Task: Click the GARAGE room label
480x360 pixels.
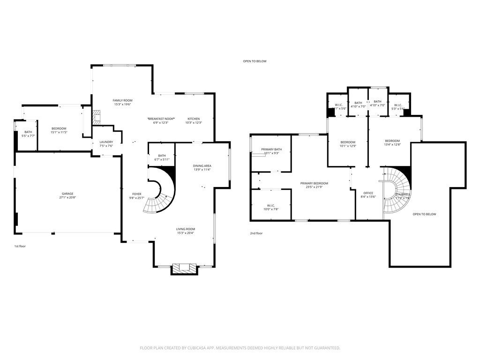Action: coord(67,194)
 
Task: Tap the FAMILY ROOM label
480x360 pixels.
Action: coord(123,100)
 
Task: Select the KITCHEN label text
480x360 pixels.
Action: coord(194,119)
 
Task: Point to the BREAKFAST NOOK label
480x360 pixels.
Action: coord(161,119)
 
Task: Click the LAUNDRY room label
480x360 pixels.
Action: coord(106,142)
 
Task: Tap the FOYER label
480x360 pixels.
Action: coord(137,194)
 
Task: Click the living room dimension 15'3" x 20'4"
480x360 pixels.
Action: coord(186,233)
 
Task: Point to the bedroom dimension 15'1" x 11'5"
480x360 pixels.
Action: coord(59,132)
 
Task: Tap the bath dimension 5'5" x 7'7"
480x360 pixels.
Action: coord(29,136)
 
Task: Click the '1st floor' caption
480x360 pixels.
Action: coord(20,246)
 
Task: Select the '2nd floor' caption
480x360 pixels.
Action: coord(256,233)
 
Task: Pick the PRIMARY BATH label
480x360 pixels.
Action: coord(271,149)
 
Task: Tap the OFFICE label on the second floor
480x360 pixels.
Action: coord(368,193)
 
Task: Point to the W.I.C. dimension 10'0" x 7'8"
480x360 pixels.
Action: coord(271,209)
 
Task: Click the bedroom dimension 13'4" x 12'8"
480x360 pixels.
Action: coord(392,145)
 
